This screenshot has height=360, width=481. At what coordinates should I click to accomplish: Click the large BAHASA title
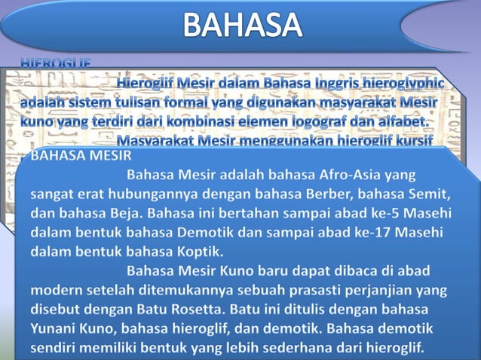[242, 26]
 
